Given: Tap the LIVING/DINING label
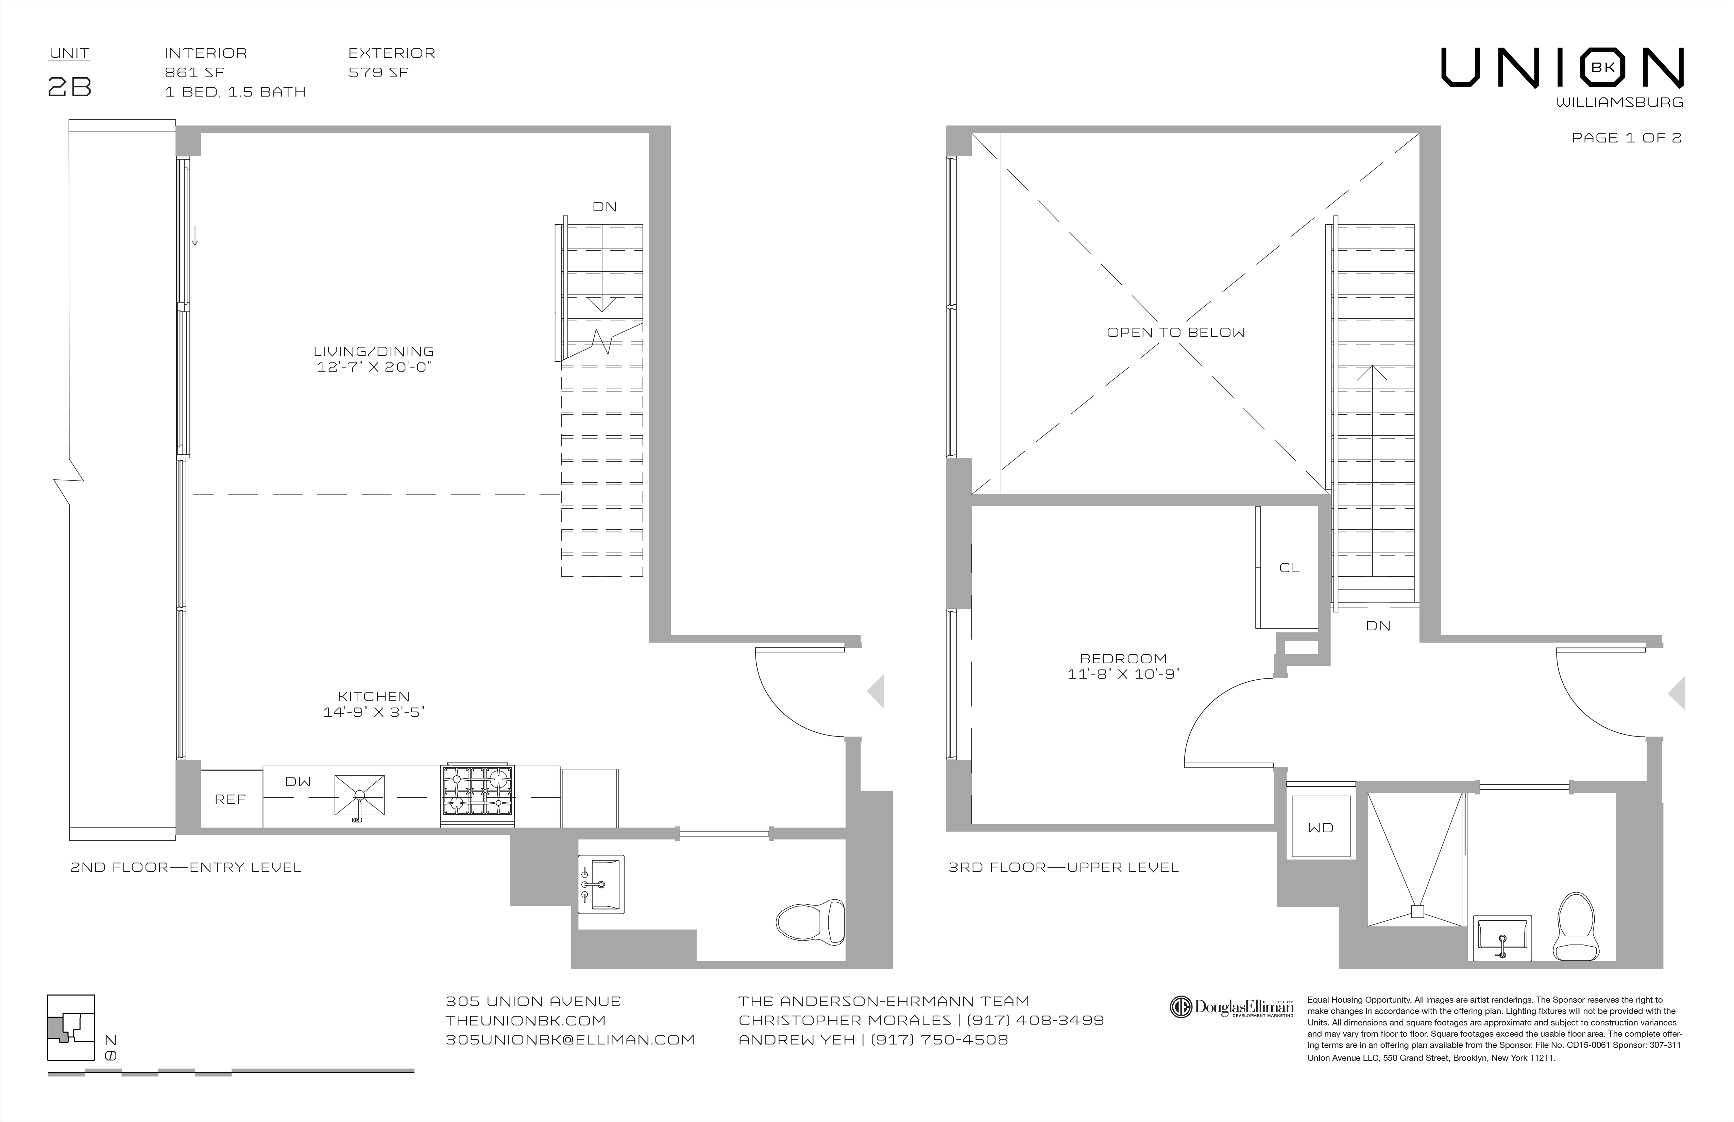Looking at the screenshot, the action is (374, 351).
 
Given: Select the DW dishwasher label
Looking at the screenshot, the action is (298, 782).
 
